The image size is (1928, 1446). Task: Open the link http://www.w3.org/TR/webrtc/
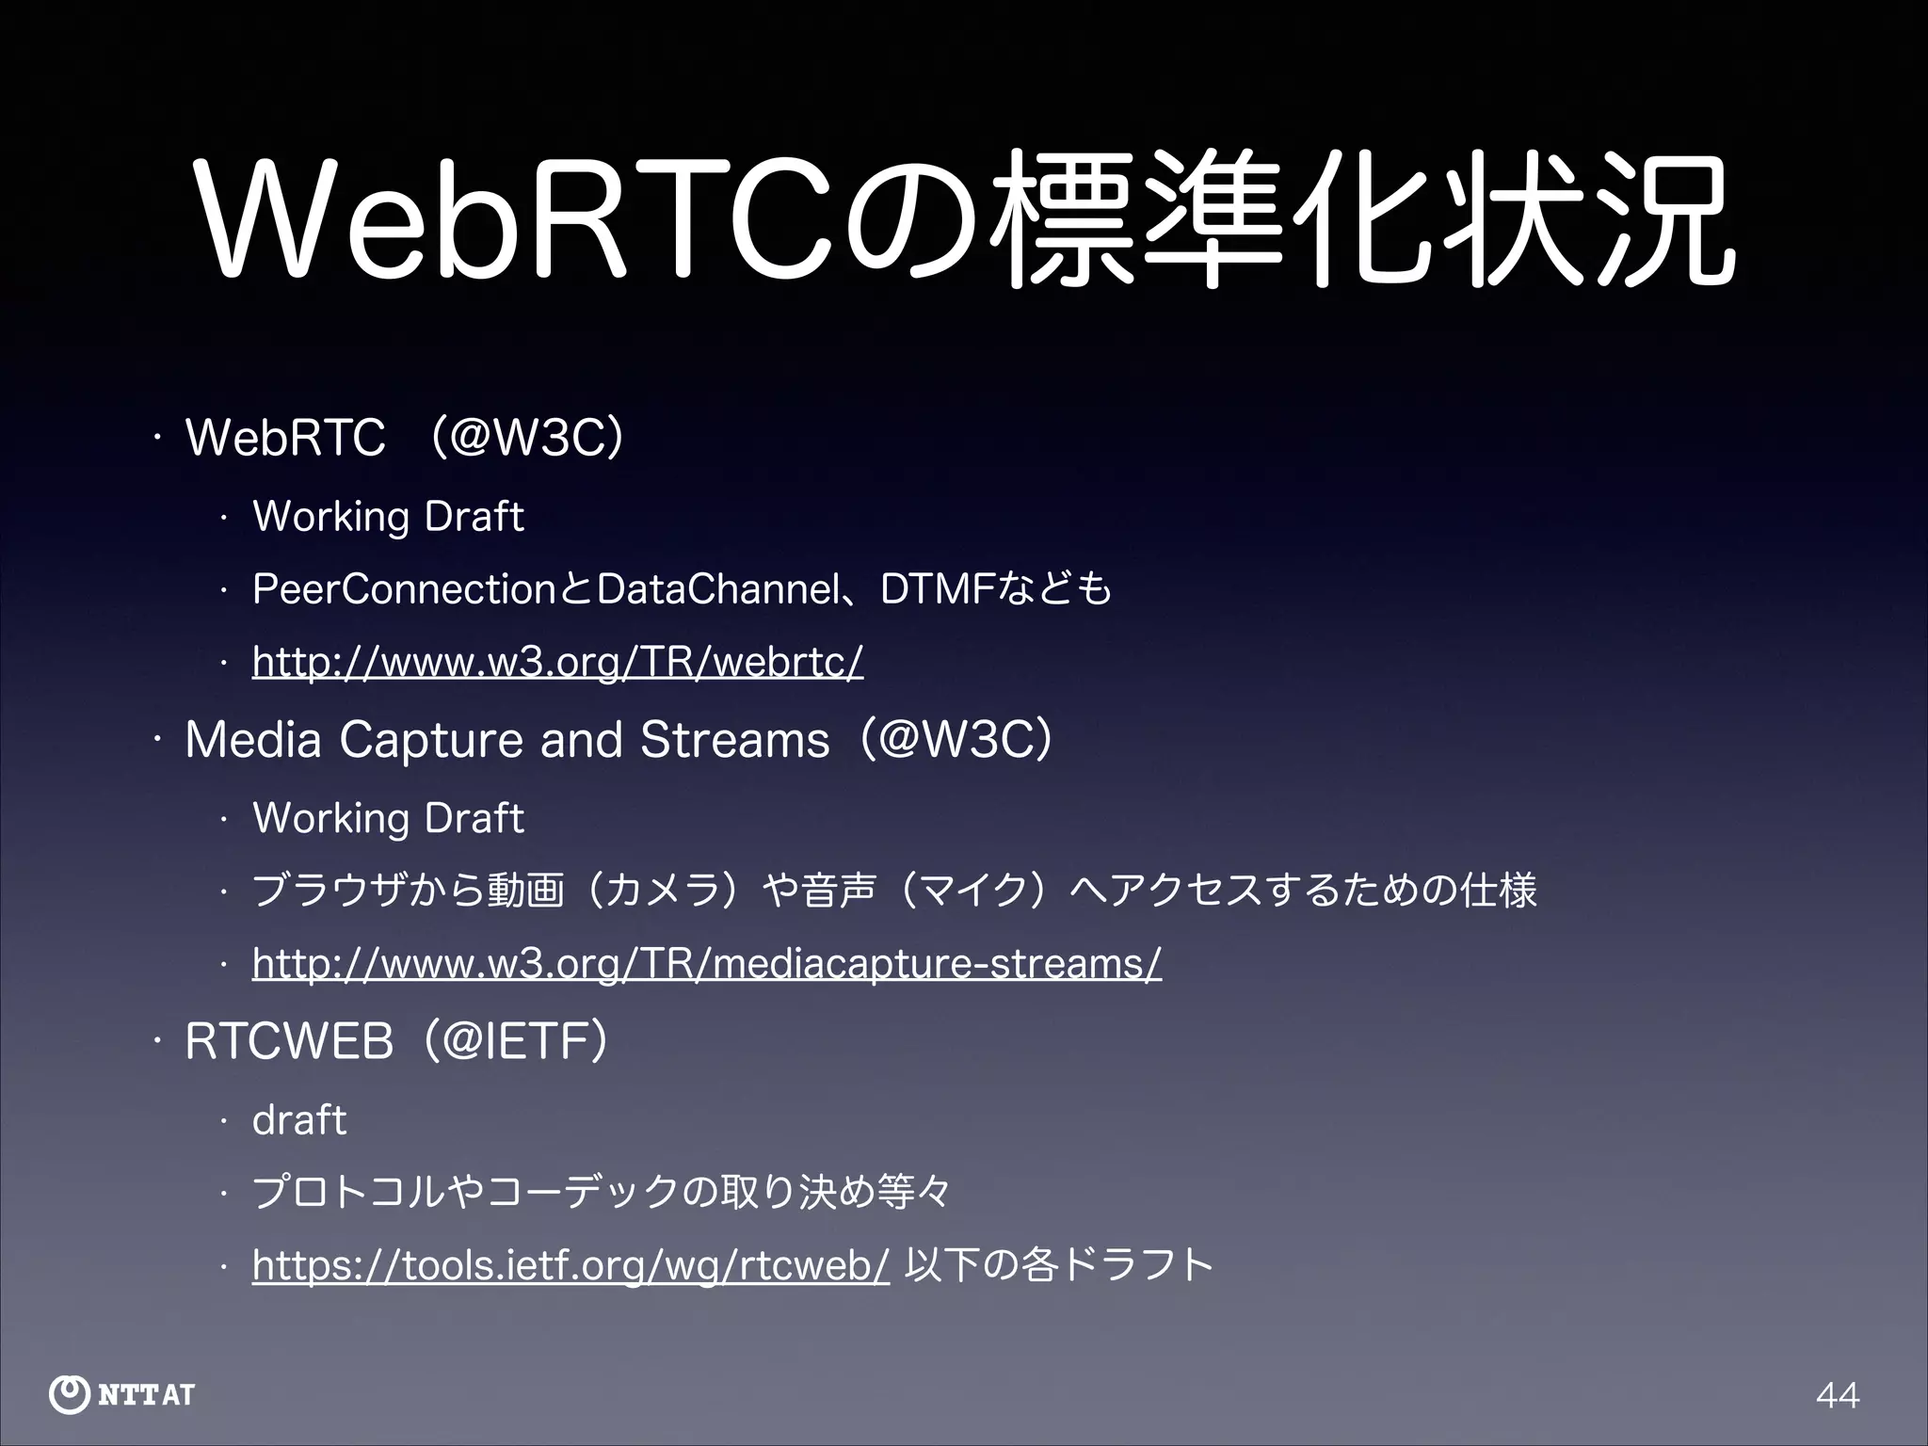(557, 662)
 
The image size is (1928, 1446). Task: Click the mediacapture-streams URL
(707, 964)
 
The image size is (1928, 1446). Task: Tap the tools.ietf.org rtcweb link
(570, 1266)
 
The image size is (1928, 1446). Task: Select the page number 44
(1838, 1394)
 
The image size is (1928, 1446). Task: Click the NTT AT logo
(122, 1394)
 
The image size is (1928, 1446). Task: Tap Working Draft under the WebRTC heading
(388, 517)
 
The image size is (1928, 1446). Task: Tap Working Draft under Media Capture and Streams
(388, 818)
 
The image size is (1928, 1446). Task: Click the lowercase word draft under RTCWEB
(299, 1120)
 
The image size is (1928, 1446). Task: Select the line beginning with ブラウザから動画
(894, 891)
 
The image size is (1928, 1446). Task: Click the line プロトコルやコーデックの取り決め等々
(602, 1193)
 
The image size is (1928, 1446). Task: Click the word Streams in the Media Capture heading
(734, 740)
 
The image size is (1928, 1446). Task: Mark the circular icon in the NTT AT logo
(69, 1394)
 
